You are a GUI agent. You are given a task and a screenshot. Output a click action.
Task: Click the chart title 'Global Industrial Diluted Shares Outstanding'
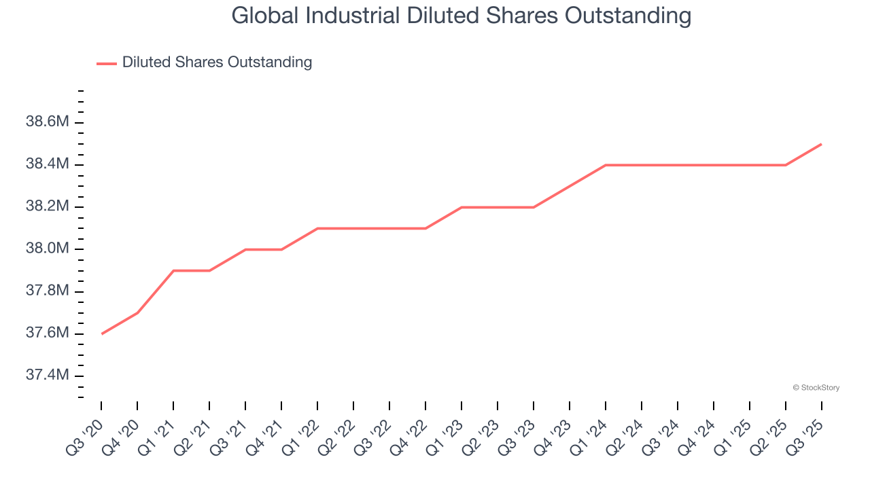(462, 15)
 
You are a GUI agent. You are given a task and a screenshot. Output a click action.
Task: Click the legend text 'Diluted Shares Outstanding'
(217, 62)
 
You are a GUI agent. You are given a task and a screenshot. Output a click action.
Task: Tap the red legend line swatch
(107, 63)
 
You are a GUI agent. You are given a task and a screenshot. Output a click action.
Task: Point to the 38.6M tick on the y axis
(48, 122)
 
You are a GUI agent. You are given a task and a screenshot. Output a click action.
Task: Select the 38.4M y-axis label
(48, 164)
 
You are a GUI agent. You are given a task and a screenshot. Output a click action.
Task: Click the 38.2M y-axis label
(48, 206)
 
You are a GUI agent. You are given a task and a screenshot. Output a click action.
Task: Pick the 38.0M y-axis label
(48, 249)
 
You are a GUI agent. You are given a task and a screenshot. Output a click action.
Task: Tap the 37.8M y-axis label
(48, 291)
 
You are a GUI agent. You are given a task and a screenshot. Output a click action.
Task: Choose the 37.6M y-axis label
(48, 333)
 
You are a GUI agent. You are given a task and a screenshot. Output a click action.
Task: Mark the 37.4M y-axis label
(48, 376)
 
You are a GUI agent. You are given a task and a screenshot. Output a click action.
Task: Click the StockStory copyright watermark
(816, 388)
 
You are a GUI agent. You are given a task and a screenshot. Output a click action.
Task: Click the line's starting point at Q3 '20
(102, 333)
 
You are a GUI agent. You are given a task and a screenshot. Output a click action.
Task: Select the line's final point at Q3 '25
(822, 144)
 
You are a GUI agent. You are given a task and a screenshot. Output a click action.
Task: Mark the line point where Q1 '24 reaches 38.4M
(606, 165)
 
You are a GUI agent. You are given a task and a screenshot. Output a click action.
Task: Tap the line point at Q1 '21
(174, 270)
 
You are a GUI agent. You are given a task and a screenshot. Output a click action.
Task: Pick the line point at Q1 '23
(462, 207)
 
